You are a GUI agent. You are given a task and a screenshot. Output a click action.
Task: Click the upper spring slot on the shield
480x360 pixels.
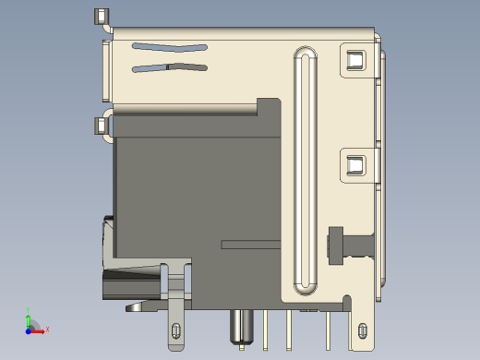(170, 46)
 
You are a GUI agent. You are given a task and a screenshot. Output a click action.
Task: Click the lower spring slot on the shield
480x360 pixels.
(170, 66)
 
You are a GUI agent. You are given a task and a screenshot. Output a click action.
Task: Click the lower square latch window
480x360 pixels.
(354, 165)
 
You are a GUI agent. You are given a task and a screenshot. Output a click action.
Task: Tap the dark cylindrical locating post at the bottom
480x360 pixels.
(242, 328)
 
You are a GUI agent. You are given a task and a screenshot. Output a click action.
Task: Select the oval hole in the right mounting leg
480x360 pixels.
(362, 330)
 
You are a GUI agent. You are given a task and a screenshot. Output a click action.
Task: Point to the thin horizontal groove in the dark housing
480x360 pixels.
(250, 244)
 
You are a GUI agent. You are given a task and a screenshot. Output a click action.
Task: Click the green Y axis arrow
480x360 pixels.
(29, 317)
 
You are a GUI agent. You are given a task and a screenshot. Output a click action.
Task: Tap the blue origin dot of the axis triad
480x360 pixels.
(28, 330)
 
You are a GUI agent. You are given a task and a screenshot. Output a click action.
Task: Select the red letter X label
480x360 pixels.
(47, 329)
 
